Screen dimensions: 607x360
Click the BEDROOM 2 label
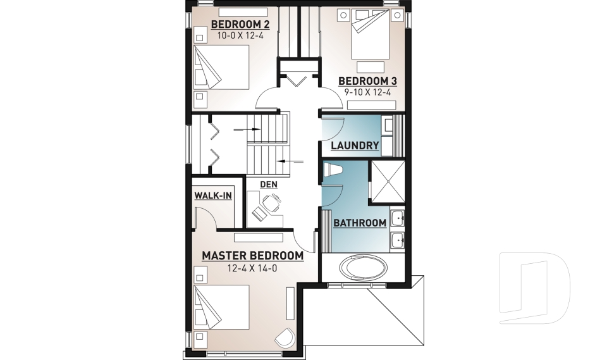click(x=240, y=25)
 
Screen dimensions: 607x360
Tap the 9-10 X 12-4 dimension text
click(x=367, y=92)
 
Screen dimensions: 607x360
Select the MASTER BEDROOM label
click(x=253, y=256)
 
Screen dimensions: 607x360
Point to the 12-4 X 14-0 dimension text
click(x=252, y=268)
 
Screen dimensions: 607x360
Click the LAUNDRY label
click(x=355, y=146)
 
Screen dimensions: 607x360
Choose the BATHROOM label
click(x=360, y=223)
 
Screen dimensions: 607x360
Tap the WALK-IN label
click(x=213, y=196)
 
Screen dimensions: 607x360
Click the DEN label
click(x=269, y=185)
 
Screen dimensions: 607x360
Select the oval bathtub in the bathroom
click(x=363, y=268)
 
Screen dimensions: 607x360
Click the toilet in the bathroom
click(x=333, y=170)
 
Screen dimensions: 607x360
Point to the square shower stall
click(x=388, y=182)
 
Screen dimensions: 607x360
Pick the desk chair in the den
click(x=271, y=202)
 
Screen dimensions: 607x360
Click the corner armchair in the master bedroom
click(x=285, y=338)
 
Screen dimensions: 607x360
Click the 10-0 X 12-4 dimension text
click(x=240, y=35)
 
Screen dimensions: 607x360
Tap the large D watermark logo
click(x=535, y=287)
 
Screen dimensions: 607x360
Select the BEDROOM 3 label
click(x=368, y=82)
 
